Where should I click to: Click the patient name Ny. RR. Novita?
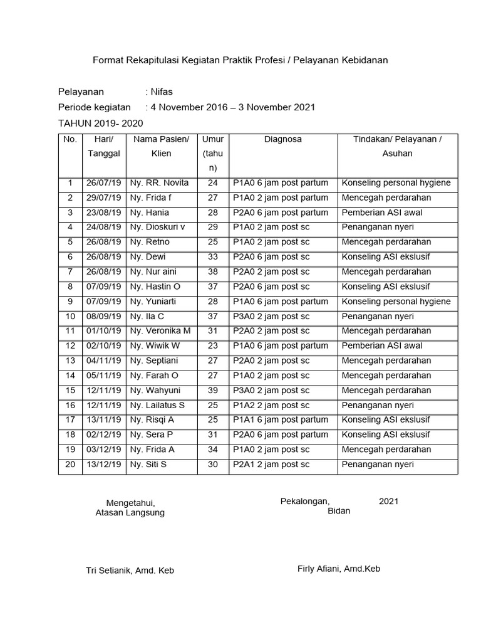(159, 183)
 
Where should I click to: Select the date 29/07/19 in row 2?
(104, 197)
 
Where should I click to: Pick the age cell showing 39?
(213, 390)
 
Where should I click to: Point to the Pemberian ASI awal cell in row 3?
(382, 213)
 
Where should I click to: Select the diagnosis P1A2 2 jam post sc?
(271, 405)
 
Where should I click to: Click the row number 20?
(71, 465)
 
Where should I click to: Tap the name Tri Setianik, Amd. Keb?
(130, 571)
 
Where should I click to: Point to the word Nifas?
(162, 92)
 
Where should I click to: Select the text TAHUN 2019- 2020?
(100, 124)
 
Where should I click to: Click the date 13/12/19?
(104, 465)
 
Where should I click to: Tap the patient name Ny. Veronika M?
(160, 331)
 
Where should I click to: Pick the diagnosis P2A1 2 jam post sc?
(271, 465)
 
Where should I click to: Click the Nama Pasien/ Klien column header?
(160, 146)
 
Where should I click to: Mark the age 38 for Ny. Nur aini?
(213, 271)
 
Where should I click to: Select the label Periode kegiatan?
(95, 107)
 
